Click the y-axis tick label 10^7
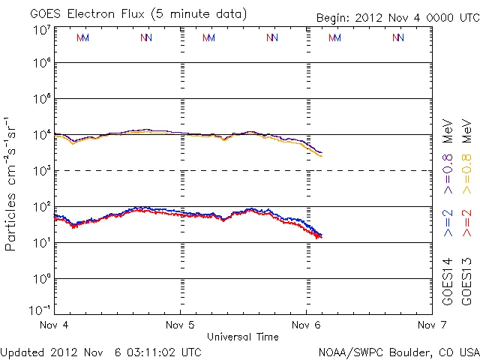pos(40,29)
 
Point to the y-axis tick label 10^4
pos(40,135)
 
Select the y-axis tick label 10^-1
pos(40,309)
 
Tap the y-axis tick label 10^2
pos(40,206)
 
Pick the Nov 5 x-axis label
pos(180,325)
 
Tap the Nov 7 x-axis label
pos(431,325)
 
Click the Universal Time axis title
pos(243,337)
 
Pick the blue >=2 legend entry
pos(448,223)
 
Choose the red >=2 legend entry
pos(466,223)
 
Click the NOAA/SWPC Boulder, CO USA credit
pos(398,352)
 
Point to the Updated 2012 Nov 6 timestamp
pos(100,352)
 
